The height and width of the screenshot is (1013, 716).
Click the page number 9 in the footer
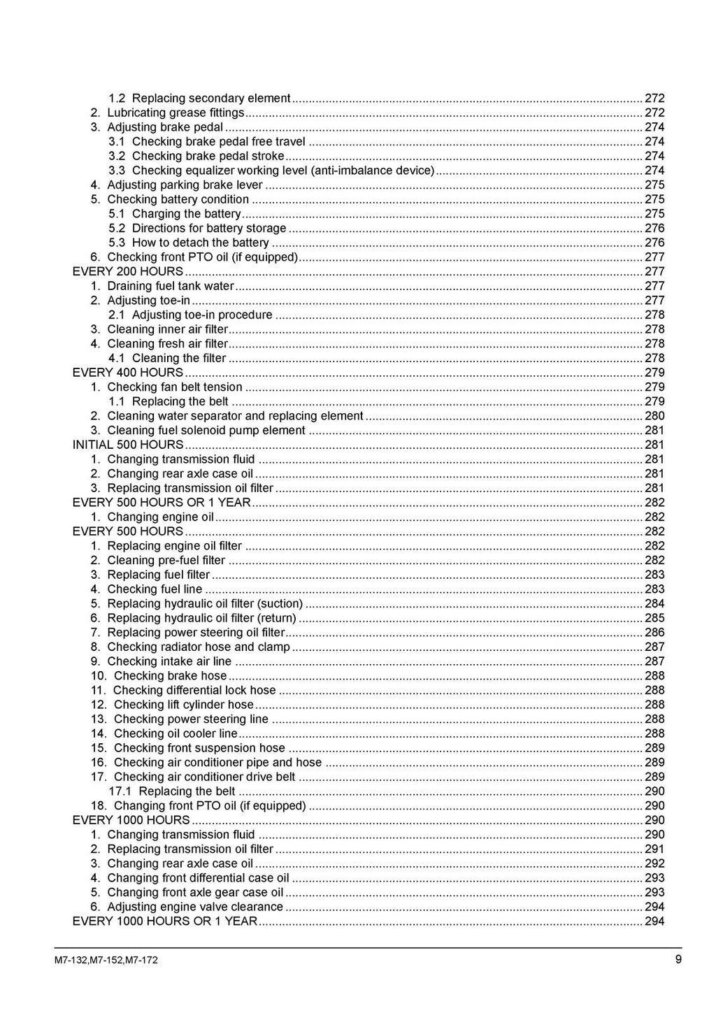(x=678, y=959)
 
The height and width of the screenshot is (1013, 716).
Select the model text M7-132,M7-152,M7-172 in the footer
(x=106, y=960)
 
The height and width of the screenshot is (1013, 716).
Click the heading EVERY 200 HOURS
(x=128, y=271)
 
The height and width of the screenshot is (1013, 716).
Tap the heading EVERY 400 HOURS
(x=128, y=373)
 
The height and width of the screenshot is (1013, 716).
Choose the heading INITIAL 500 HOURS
(x=128, y=445)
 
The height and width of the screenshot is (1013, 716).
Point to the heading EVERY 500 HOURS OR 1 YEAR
(x=162, y=503)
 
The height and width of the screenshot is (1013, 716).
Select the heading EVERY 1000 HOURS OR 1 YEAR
(x=165, y=921)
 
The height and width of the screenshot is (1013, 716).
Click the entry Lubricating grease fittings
(x=176, y=113)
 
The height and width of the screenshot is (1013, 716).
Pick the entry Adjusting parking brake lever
(x=185, y=185)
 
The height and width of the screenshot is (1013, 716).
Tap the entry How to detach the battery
(x=200, y=243)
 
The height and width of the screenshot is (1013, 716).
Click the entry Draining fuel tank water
(x=171, y=286)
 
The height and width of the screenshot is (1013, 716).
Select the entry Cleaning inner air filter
(x=168, y=329)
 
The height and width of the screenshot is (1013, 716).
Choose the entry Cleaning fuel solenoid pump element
(x=206, y=431)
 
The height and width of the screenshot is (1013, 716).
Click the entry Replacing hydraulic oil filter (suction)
(x=205, y=603)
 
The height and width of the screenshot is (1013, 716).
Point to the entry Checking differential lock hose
(x=194, y=690)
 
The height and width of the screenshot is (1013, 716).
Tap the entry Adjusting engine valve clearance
(x=195, y=907)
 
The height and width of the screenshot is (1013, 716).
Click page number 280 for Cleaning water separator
(x=654, y=416)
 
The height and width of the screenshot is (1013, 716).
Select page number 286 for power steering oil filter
(x=654, y=633)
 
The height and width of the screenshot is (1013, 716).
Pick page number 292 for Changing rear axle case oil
(x=654, y=863)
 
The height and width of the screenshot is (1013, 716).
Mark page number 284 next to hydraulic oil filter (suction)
(x=654, y=603)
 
